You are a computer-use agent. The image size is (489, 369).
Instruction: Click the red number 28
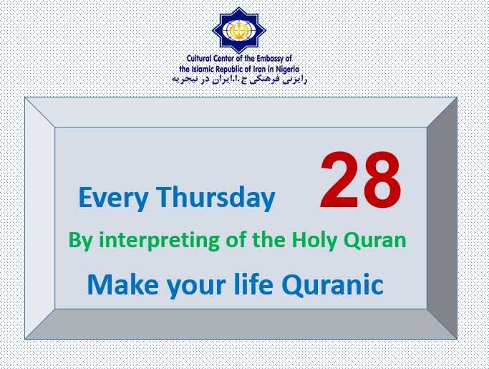point(361,180)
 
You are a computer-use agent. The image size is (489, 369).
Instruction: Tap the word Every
point(113,198)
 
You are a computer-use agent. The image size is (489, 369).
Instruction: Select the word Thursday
point(216,196)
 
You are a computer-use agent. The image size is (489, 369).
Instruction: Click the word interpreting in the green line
point(159,241)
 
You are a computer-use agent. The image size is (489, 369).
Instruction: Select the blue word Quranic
point(332,284)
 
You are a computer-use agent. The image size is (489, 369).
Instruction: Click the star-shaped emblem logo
point(239,30)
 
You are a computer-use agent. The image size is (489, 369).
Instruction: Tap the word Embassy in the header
point(271,59)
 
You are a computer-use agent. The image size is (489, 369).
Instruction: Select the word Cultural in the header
point(199,58)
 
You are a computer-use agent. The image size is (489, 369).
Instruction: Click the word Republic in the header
point(230,70)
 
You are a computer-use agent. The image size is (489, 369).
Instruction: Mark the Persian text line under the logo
point(240,80)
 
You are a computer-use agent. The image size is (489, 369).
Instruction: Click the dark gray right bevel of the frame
point(442,218)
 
